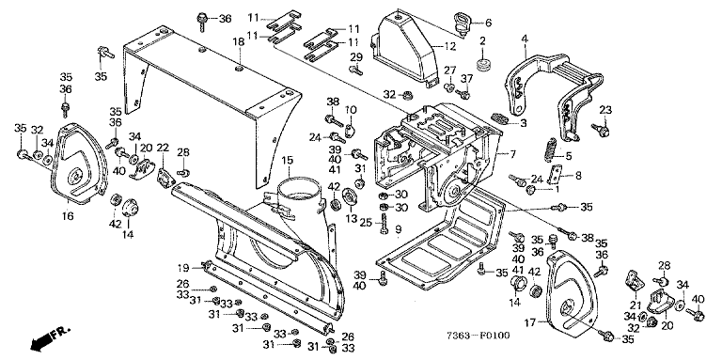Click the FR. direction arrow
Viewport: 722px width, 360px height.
pos(49,337)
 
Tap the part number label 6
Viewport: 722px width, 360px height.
pos(488,22)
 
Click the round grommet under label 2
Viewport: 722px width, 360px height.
pos(483,64)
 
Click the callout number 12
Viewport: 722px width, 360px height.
pos(450,46)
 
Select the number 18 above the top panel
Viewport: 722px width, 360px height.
pos(238,42)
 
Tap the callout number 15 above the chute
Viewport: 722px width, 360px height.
pos(288,160)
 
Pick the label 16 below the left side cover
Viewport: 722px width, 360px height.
pos(68,215)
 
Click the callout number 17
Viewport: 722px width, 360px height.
pos(530,323)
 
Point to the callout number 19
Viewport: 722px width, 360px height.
pos(182,268)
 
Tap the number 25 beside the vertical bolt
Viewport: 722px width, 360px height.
pos(365,224)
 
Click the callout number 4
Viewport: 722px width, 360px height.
pos(525,40)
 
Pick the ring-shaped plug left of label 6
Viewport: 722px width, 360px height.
pos(461,23)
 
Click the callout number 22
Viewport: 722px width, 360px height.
pos(163,148)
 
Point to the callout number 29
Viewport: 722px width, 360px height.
pos(356,57)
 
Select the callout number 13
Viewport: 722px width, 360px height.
pos(352,218)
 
